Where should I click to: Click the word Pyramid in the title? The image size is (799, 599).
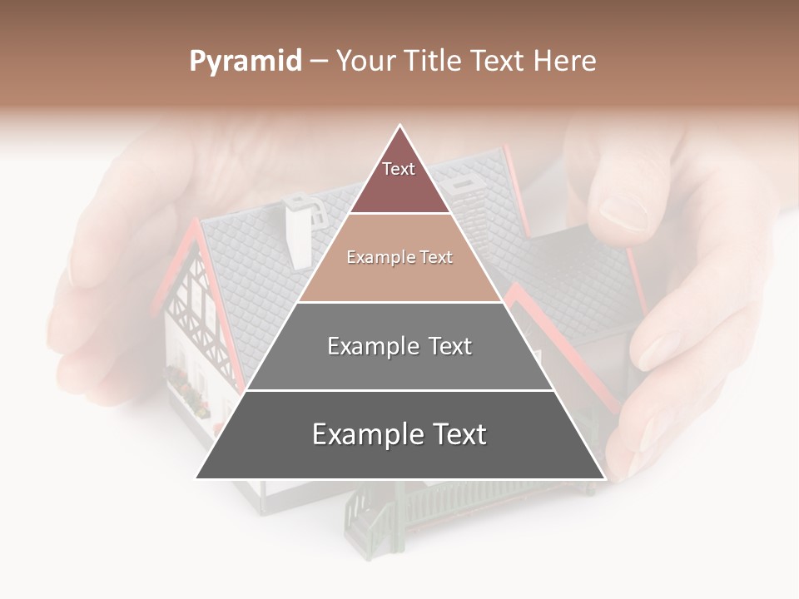click(x=245, y=62)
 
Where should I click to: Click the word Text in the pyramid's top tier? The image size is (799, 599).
click(x=399, y=169)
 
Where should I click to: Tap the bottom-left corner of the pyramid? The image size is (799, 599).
click(x=196, y=478)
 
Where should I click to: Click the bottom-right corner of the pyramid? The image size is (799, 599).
click(x=604, y=478)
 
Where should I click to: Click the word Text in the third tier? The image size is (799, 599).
click(x=445, y=346)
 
